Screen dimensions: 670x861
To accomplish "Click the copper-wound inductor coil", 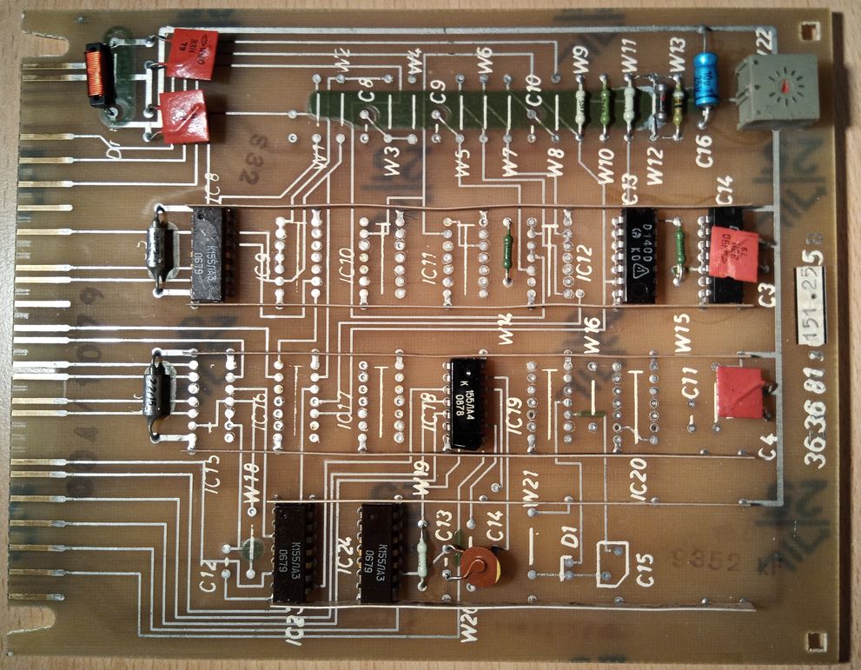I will (x=96, y=74).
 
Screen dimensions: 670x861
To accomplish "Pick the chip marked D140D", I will (x=641, y=256).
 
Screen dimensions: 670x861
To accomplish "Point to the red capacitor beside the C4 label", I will (x=738, y=393).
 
